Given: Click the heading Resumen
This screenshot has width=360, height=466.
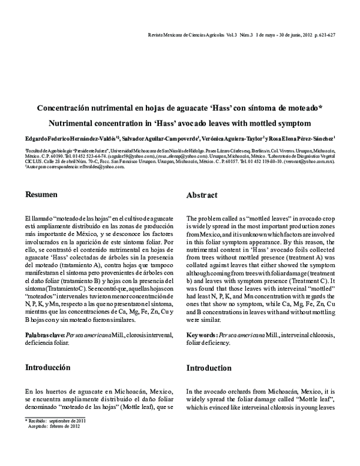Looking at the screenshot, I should point(41,195).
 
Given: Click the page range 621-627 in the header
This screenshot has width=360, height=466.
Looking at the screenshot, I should point(324,35).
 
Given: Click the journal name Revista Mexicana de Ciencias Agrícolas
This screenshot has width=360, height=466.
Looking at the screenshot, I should point(187,35).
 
